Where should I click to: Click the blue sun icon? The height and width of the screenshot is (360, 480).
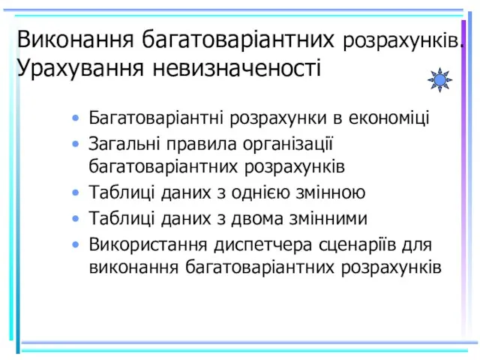tap(440, 80)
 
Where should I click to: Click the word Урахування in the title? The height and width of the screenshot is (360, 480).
tap(80, 68)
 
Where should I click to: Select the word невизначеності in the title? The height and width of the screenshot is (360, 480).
tap(237, 67)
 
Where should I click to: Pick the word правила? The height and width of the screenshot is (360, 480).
tap(202, 144)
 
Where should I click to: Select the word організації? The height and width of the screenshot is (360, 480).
tap(288, 144)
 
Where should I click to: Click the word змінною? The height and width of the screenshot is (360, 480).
tap(330, 193)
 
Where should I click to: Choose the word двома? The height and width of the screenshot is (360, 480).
tap(256, 218)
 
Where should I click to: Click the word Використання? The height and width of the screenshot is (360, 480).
tap(148, 244)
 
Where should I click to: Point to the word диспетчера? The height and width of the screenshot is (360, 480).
tap(263, 244)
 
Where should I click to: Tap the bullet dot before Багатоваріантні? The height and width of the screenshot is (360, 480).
tap(75, 118)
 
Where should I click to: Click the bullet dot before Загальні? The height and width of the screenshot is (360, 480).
tap(75, 144)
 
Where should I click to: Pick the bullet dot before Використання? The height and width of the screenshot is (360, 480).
tap(75, 244)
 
